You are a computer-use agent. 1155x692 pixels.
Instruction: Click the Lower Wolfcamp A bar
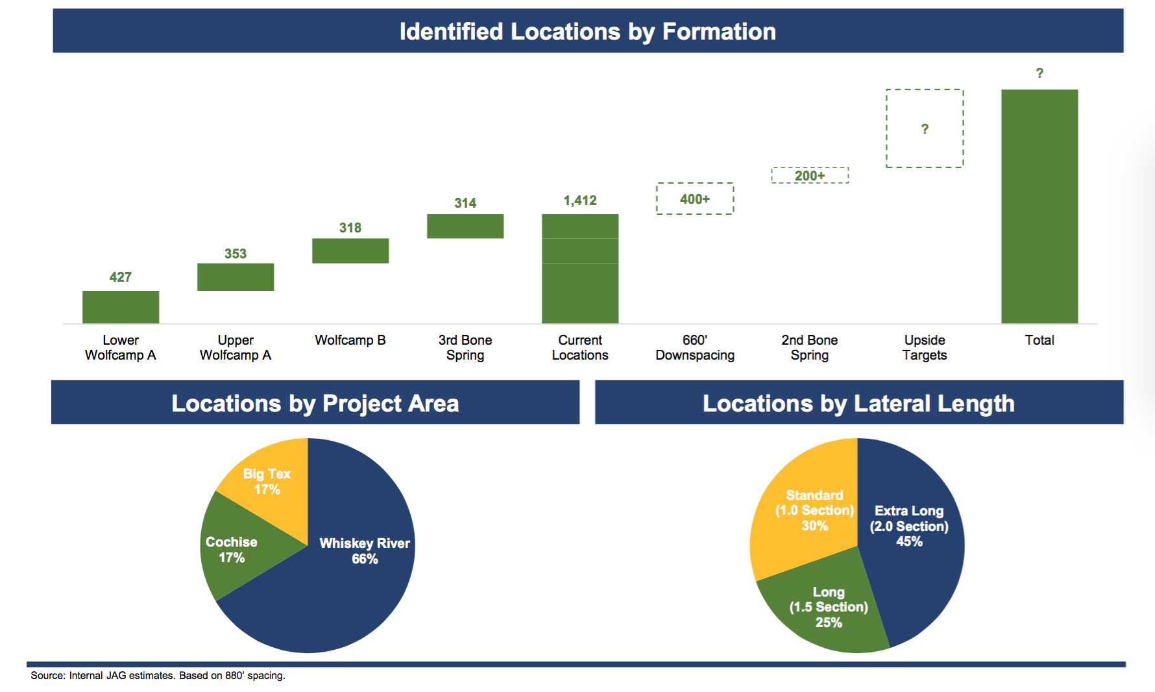[121, 307]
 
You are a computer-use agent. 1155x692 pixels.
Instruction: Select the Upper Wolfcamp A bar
[236, 277]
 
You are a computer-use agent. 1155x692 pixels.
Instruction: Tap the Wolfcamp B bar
[350, 251]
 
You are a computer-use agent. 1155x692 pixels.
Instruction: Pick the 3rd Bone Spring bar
[465, 226]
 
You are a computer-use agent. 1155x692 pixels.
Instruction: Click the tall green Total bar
[1039, 206]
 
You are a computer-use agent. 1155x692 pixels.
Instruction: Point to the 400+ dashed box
[695, 199]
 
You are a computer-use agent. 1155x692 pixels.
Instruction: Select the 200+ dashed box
[810, 175]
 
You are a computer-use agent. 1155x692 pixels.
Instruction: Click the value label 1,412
[580, 201]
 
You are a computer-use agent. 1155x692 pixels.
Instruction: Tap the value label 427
[121, 277]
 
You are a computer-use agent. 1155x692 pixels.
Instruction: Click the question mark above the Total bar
[1039, 73]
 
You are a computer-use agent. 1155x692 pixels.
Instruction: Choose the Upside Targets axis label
[925, 347]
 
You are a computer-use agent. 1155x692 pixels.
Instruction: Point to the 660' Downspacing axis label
[695, 347]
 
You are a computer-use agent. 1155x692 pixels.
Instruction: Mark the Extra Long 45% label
[909, 526]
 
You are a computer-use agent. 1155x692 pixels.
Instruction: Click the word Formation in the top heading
[719, 31]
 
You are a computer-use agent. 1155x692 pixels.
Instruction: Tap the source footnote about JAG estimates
[158, 676]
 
